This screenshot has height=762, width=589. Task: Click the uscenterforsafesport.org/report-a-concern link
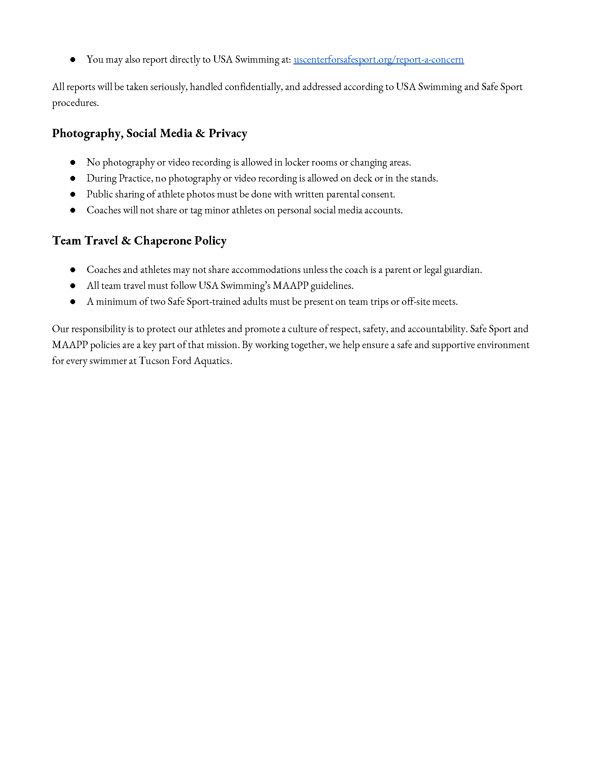click(x=379, y=60)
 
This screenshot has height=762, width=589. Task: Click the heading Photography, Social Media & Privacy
click(x=149, y=133)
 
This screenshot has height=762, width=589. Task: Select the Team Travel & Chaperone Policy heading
click(x=139, y=241)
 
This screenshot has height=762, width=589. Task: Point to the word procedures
click(x=75, y=103)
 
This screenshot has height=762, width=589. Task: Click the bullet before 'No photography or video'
click(x=73, y=162)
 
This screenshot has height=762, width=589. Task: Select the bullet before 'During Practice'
click(x=73, y=179)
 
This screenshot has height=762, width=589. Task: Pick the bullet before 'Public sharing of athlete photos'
click(x=73, y=194)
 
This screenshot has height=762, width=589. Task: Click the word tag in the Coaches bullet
click(x=196, y=210)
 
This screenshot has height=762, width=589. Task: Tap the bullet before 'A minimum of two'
click(x=73, y=302)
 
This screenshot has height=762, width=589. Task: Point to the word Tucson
click(x=154, y=361)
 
